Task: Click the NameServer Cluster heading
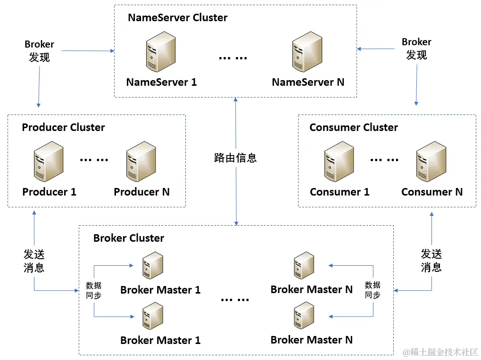(177, 18)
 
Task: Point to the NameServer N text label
(308, 82)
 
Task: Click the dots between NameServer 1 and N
(233, 58)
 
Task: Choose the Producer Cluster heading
(63, 127)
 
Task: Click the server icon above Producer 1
(49, 163)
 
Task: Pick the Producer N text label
(141, 192)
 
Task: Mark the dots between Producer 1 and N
(94, 159)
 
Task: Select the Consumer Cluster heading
(353, 127)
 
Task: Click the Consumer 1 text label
(340, 192)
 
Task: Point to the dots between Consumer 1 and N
(384, 159)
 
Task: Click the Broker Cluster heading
(128, 238)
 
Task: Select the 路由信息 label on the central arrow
(235, 158)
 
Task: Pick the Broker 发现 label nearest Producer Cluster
(39, 51)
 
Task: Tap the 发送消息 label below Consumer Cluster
(431, 261)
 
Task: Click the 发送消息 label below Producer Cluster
(34, 261)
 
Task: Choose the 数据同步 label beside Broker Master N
(372, 290)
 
